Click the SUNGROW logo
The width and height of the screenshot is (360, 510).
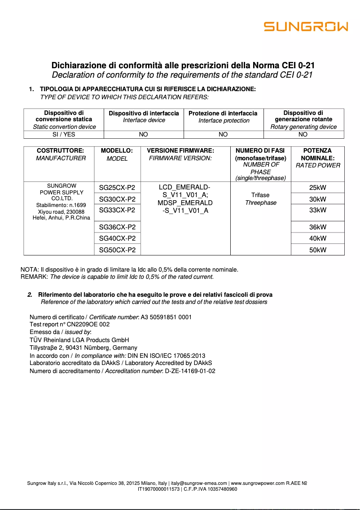pos(306,27)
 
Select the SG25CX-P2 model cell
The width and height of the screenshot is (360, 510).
pos(117,188)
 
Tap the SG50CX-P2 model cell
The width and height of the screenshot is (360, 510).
pos(117,250)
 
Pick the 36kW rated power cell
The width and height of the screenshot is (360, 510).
pos(318,227)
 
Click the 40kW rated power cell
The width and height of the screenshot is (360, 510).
pos(318,238)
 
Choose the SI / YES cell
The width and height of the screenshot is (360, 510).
pos(64,134)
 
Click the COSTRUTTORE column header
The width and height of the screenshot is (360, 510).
pos(61,154)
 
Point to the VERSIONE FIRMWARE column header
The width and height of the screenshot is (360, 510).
pos(180,154)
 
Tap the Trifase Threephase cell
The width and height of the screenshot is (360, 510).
pos(260,199)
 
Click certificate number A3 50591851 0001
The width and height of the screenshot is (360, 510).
pos(166,317)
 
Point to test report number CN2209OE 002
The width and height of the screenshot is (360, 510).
pos(86,324)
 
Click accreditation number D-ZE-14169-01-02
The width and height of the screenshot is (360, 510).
pos(190,371)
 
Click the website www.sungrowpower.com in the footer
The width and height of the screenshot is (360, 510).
pos(258,484)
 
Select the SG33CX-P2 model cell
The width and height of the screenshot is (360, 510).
pos(117,210)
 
